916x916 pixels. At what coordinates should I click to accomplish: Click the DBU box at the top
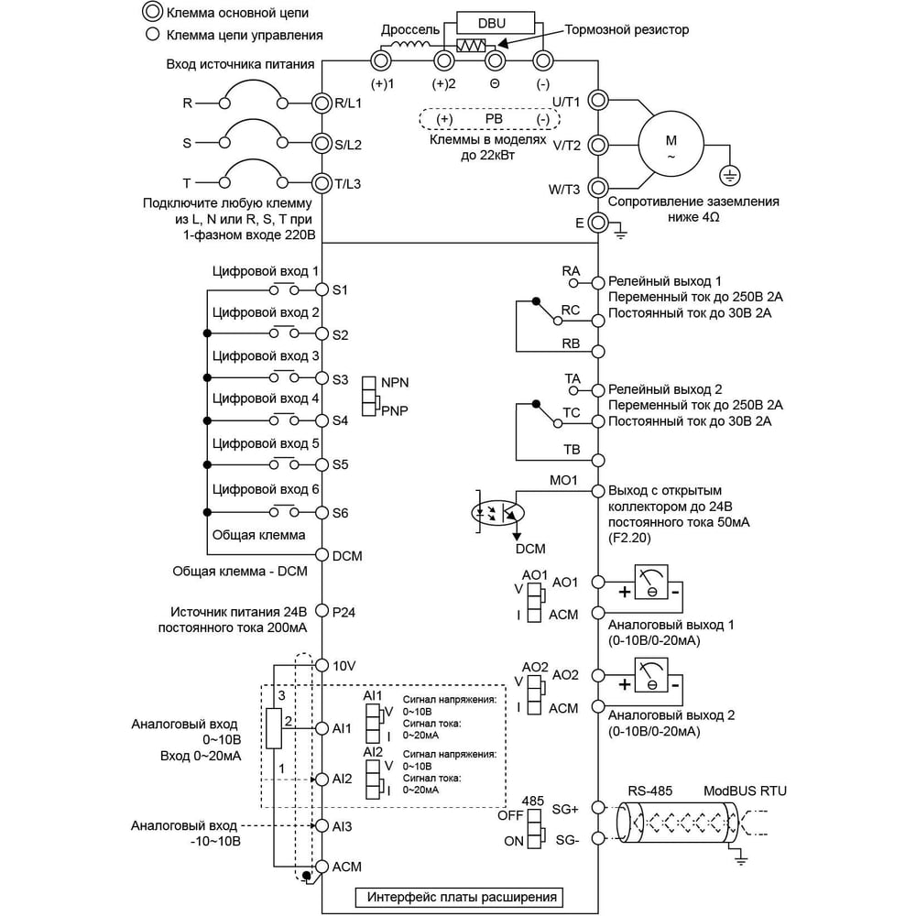(495, 24)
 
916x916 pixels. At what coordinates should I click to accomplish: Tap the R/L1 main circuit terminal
(322, 104)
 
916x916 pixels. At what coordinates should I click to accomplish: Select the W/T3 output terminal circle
(597, 188)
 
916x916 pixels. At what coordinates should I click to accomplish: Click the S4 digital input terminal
(322, 420)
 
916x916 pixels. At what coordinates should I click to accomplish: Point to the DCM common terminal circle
(322, 554)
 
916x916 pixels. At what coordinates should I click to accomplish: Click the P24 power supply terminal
(322, 610)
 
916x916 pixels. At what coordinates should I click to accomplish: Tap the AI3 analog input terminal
(322, 825)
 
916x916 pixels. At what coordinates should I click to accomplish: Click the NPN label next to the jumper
(395, 383)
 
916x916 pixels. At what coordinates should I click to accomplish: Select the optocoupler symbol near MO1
(497, 513)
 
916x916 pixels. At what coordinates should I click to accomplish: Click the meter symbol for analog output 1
(650, 582)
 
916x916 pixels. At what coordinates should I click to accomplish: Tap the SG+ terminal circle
(597, 807)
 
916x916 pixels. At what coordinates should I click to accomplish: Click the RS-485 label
(650, 791)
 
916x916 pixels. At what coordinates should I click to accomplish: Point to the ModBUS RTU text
(745, 791)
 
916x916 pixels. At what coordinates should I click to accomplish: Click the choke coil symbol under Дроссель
(408, 46)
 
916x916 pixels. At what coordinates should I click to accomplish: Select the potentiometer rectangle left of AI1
(273, 728)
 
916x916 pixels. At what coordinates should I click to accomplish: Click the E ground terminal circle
(597, 222)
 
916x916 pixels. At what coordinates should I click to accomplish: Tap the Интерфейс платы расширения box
(459, 898)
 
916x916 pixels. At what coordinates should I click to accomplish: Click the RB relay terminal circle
(597, 352)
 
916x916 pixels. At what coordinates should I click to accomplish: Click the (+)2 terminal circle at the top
(444, 60)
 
